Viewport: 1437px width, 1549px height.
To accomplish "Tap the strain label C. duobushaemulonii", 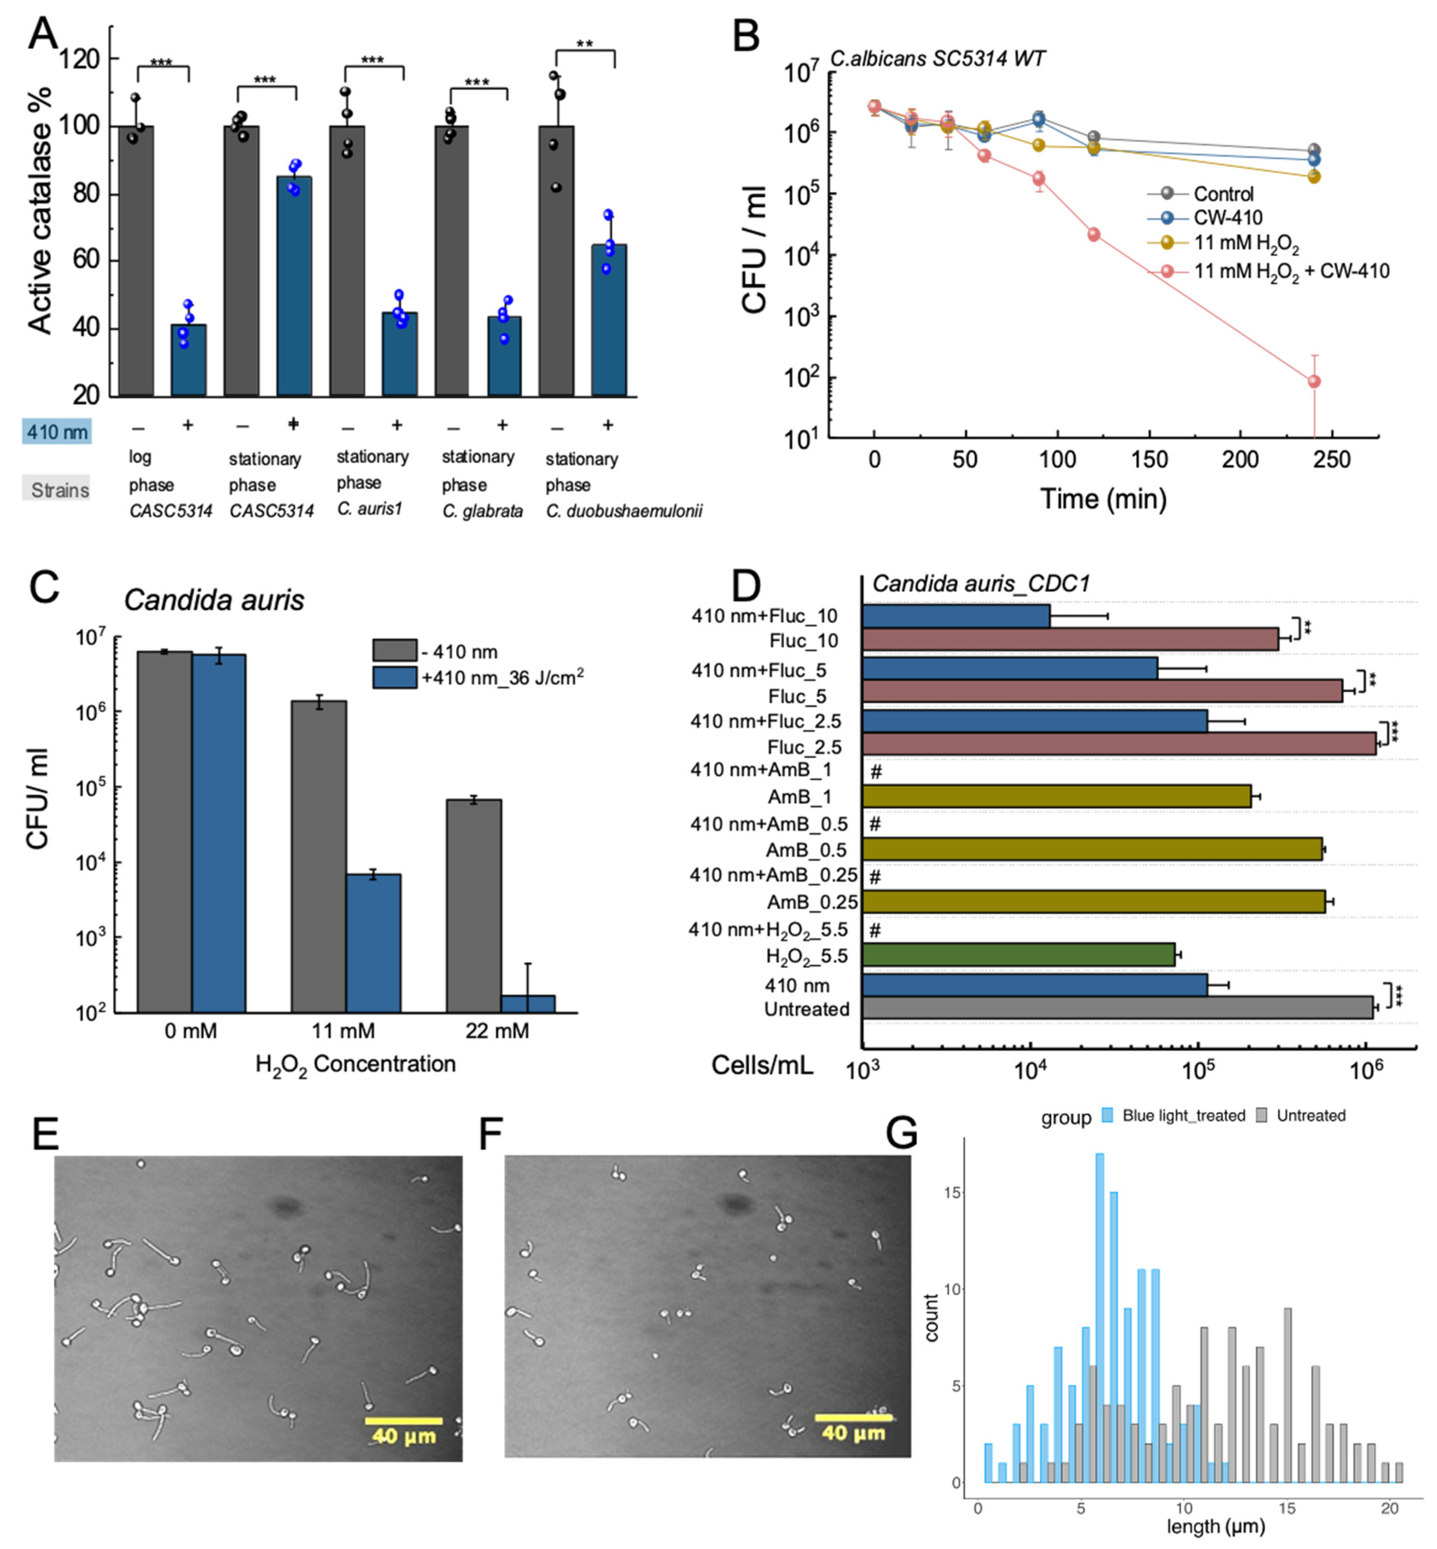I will (x=623, y=511).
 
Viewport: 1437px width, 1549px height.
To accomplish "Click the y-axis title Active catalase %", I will (x=40, y=210).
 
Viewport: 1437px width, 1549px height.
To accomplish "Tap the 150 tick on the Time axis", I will (x=1149, y=460).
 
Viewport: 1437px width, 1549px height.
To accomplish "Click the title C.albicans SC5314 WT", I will (x=937, y=58).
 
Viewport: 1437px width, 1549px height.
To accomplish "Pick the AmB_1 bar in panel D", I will (x=1056, y=796).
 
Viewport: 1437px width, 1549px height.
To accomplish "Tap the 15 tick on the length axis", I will (x=1287, y=1508).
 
